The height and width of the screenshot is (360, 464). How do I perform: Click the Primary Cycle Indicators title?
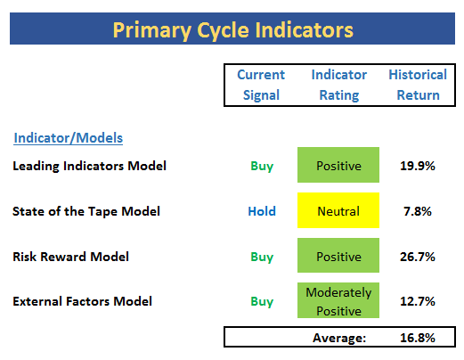tap(232, 30)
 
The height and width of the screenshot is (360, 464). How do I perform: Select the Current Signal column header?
tap(261, 85)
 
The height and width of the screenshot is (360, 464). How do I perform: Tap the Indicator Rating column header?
tap(339, 85)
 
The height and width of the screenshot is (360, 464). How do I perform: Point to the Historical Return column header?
tap(418, 85)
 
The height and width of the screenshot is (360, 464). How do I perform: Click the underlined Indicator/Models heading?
tap(69, 138)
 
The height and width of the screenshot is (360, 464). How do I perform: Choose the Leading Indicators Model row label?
tap(89, 166)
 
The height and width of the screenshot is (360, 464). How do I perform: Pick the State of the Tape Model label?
tap(86, 211)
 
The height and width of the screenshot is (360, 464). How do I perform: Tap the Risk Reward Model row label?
tap(70, 257)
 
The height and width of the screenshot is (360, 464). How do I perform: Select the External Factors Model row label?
tap(82, 301)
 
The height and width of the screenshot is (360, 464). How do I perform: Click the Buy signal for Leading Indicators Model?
tap(262, 166)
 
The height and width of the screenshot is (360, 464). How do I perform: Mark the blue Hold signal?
tap(262, 211)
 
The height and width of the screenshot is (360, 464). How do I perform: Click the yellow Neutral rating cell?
tap(338, 210)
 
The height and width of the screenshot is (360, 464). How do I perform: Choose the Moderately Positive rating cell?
tap(338, 300)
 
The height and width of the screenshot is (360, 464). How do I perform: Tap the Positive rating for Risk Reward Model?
tap(338, 255)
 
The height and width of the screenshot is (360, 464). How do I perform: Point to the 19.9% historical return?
tap(418, 166)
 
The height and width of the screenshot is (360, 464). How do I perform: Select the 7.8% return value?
tap(418, 211)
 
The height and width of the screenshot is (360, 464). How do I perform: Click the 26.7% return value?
tap(418, 257)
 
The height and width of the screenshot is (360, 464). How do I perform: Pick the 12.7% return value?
tap(418, 301)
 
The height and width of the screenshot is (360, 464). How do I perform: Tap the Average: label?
tap(339, 338)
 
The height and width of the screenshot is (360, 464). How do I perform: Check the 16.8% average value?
tap(418, 338)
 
